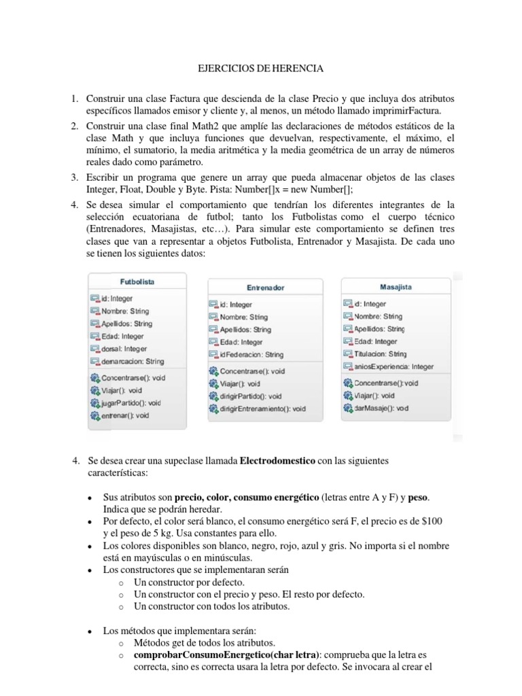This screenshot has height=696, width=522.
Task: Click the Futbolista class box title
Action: [x=137, y=281]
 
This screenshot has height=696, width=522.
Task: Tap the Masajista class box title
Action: [x=396, y=287]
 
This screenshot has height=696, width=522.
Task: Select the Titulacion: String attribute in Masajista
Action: [x=380, y=353]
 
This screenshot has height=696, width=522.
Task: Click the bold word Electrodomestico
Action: [x=277, y=461]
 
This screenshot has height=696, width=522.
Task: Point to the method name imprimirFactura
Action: [x=407, y=111]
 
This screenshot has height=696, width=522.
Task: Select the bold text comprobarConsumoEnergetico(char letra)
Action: [x=228, y=655]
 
